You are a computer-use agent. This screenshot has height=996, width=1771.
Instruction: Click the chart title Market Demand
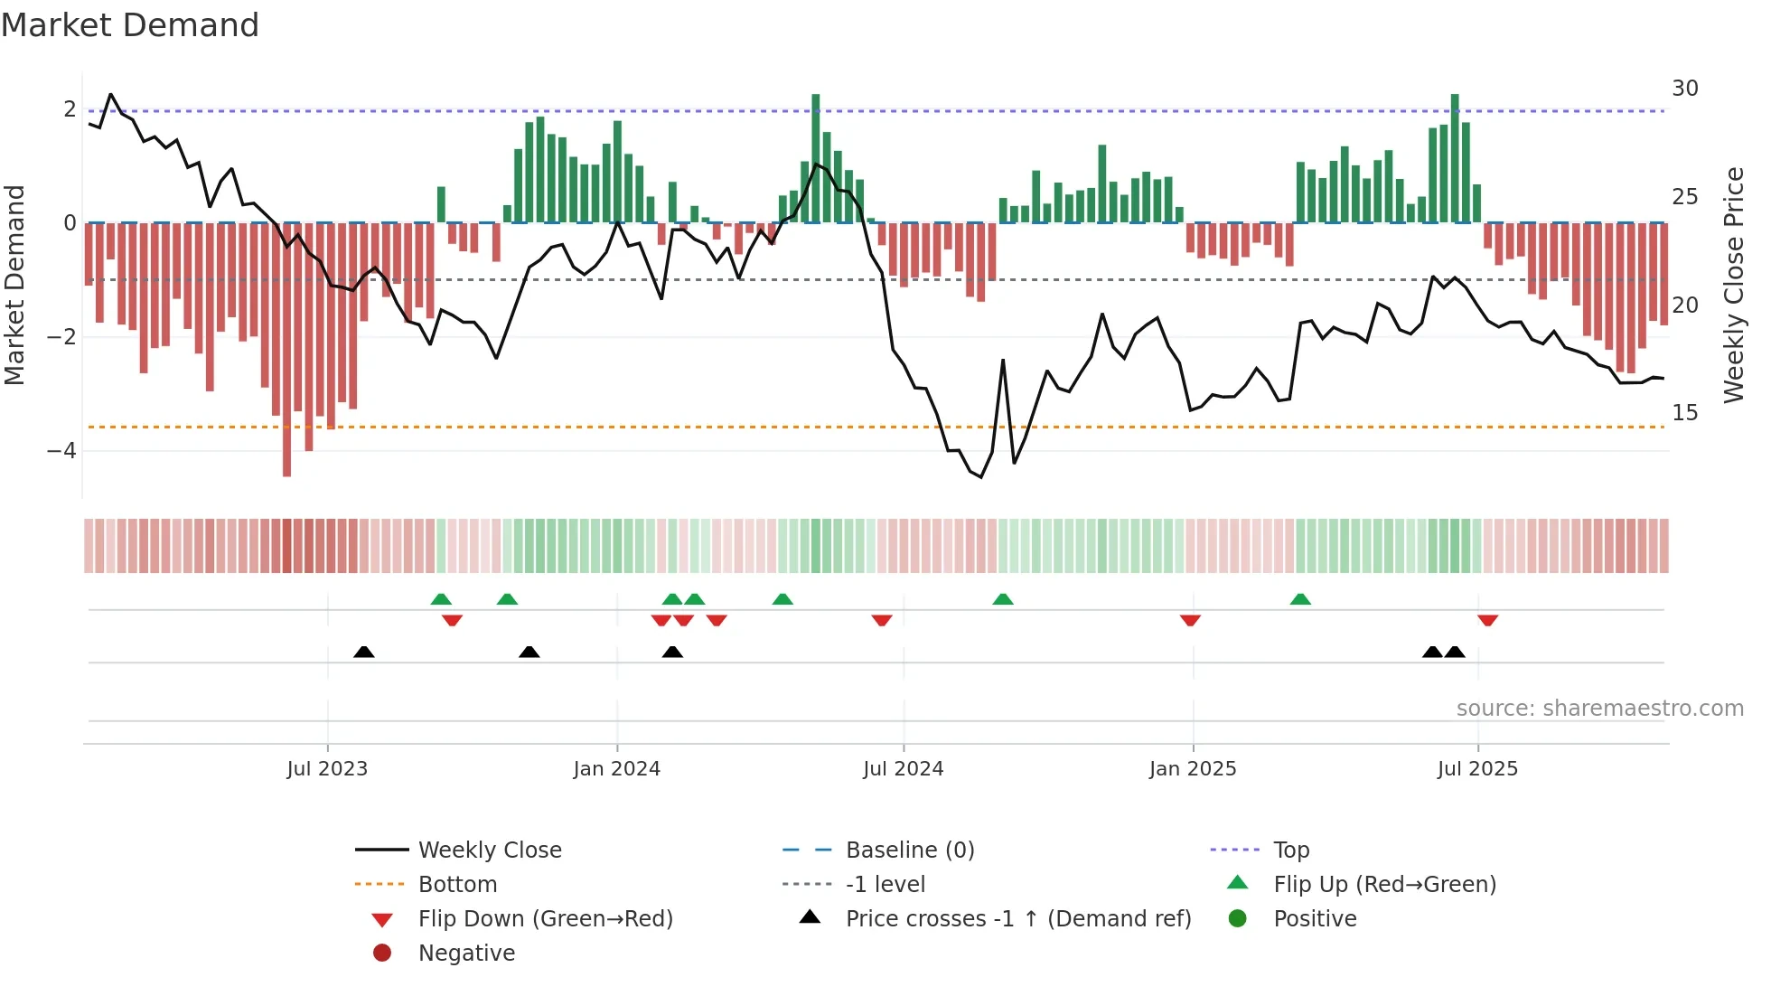pyautogui.click(x=130, y=25)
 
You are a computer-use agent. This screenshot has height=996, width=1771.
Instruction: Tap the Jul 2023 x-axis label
pyautogui.click(x=327, y=769)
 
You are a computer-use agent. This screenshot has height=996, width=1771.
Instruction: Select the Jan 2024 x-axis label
pyautogui.click(x=617, y=769)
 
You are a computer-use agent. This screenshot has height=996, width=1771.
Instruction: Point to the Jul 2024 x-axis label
pyautogui.click(x=903, y=769)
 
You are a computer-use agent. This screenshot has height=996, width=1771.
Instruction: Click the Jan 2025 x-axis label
pyautogui.click(x=1193, y=769)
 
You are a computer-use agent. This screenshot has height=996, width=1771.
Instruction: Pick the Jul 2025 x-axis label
pyautogui.click(x=1477, y=769)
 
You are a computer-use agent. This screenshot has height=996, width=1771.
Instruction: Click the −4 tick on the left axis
pyautogui.click(x=61, y=451)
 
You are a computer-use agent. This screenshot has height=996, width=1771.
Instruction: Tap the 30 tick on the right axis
pyautogui.click(x=1685, y=89)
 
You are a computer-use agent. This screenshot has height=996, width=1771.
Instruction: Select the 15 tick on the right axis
pyautogui.click(x=1685, y=413)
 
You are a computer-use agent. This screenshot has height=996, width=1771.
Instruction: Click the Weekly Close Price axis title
pyautogui.click(x=1733, y=285)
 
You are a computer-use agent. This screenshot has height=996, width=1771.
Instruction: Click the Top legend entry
pyautogui.click(x=1291, y=850)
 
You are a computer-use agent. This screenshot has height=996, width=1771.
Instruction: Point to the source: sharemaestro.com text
pyautogui.click(x=1599, y=709)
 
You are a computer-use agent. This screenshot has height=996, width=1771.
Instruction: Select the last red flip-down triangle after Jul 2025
pyautogui.click(x=1488, y=620)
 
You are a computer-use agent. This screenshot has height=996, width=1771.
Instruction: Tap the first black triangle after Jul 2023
pyautogui.click(x=364, y=652)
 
